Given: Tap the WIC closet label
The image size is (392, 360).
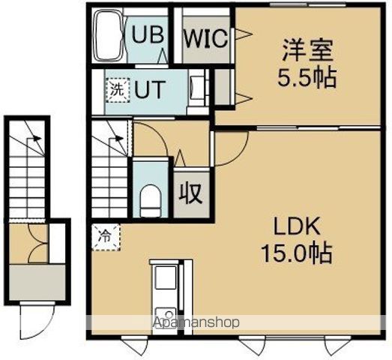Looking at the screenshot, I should [204, 37].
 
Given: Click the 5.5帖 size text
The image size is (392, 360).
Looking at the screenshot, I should [307, 77].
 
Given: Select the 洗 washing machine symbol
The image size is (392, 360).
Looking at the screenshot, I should [115, 88].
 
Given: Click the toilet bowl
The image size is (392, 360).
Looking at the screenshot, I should [151, 199].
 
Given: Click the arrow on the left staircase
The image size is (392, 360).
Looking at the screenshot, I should [33, 137].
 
